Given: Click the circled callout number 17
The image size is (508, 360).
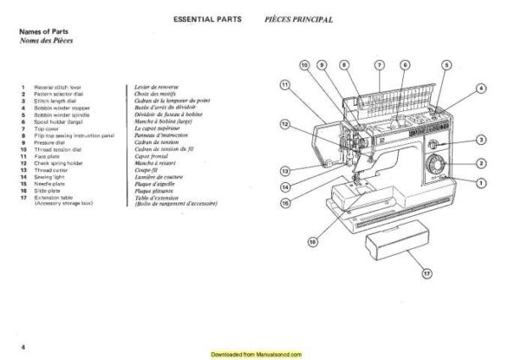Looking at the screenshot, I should click(x=425, y=274).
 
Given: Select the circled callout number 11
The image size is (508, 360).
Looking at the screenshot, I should click(x=284, y=84).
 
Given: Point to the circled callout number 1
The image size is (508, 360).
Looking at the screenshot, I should click(x=481, y=183).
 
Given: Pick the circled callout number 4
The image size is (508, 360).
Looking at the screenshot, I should click(x=481, y=87).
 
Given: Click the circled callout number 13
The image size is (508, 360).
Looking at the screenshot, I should click(x=285, y=169).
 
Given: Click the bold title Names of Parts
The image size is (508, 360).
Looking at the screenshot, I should click(x=43, y=31).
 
